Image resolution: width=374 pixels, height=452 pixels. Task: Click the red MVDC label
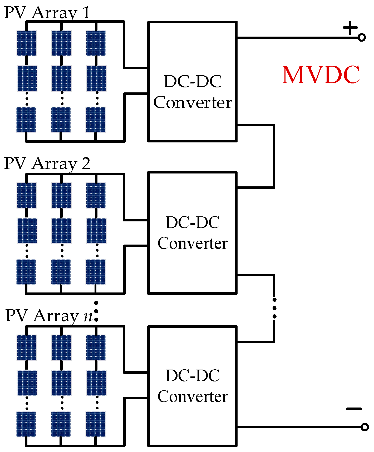pos(321,75)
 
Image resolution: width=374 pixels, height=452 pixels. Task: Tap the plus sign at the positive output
pos(350,28)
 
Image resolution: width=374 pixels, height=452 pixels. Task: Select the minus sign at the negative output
pos(354,409)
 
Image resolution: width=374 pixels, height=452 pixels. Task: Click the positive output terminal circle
pos(362,38)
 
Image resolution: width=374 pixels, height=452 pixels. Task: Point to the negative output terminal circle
pos(365,427)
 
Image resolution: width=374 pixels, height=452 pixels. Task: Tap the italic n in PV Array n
pos(88,316)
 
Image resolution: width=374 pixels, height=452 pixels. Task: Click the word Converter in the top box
pos(193,102)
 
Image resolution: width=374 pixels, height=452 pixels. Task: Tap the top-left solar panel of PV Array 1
pos(27,43)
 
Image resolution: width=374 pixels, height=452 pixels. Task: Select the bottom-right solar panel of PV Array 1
pos(96,120)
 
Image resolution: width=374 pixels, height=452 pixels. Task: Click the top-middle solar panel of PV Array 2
pos(61,195)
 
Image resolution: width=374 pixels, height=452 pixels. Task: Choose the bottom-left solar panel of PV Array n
pos(26,424)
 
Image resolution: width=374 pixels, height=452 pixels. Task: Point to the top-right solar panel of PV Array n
pos(96,347)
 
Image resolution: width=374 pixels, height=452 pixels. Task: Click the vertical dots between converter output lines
pos(274,308)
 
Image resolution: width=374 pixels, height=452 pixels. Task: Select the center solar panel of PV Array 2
pos(61,231)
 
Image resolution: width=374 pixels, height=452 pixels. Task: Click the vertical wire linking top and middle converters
pos(274,156)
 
